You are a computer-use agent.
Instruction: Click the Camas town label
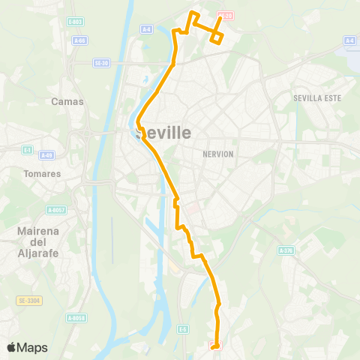(67, 100)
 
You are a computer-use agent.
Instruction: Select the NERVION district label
(218, 154)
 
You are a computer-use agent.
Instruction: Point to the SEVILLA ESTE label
(317, 98)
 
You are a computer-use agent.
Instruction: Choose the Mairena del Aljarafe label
(38, 243)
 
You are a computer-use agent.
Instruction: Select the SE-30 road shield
(102, 63)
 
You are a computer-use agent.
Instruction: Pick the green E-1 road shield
(28, 150)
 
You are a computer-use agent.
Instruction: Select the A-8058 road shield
(76, 318)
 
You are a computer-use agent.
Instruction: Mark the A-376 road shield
(285, 250)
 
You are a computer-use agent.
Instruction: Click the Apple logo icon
(11, 347)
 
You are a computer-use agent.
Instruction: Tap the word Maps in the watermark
(32, 347)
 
